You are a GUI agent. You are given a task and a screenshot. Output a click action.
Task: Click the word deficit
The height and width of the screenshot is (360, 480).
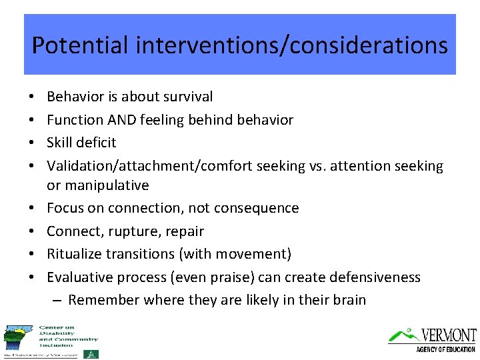98,143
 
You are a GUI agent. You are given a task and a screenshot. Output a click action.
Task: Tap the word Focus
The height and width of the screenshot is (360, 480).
65,208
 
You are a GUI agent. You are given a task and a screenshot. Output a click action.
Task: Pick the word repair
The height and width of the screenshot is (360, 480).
184,231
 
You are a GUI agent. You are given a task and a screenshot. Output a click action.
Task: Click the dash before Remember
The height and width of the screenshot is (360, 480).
57,300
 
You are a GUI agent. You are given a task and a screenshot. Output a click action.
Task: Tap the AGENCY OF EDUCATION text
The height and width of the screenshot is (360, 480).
445,349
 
